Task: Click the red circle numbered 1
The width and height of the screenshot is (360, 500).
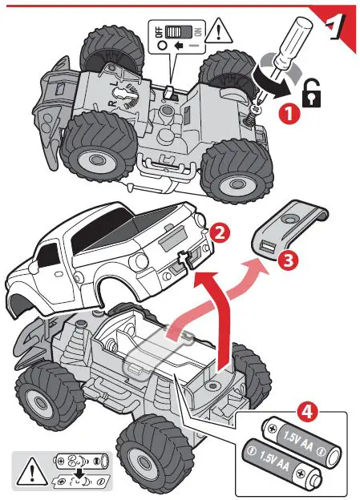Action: [x=290, y=114]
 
